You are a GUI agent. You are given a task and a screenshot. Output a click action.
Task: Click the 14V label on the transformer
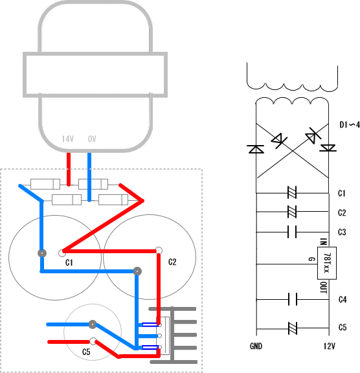click(68, 139)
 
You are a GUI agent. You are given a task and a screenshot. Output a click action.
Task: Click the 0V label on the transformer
click(92, 139)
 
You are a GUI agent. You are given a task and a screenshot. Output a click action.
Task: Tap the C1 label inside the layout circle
click(69, 263)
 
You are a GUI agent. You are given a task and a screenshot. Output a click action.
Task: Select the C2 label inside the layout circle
click(172, 262)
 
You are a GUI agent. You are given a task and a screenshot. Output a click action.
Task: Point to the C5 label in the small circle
click(86, 352)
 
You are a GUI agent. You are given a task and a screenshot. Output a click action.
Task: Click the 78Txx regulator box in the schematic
click(327, 263)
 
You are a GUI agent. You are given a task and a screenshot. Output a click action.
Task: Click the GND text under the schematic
click(256, 346)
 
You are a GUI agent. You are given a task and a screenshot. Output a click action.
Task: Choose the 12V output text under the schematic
click(330, 346)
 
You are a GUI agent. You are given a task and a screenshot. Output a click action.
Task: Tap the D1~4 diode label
click(350, 124)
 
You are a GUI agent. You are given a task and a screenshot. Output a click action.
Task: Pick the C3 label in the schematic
click(342, 232)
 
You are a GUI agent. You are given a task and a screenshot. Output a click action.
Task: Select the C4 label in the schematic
click(343, 299)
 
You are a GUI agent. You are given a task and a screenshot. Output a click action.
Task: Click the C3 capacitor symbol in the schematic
click(292, 232)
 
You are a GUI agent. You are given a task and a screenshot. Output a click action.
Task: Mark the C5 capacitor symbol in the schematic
click(292, 328)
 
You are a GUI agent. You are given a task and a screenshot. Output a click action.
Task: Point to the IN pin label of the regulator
click(323, 242)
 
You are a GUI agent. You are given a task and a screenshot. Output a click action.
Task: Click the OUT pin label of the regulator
click(324, 288)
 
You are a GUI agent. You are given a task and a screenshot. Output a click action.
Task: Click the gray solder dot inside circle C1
click(42, 253)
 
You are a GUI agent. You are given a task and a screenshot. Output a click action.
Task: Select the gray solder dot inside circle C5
click(93, 324)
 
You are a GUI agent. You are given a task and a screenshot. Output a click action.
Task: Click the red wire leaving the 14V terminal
click(69, 169)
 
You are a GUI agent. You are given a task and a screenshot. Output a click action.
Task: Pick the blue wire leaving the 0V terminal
click(89, 177)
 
